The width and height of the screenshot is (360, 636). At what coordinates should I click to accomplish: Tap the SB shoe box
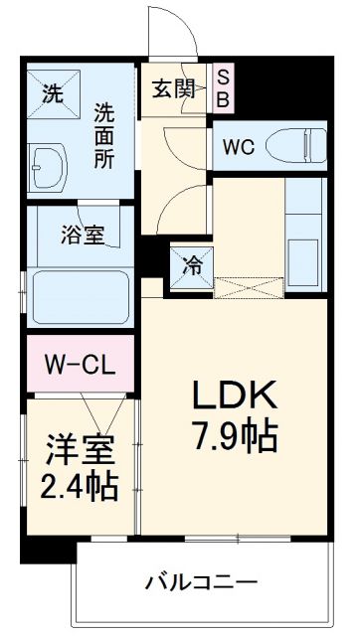pos(223,86)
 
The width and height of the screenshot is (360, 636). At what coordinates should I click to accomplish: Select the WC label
pos(239,147)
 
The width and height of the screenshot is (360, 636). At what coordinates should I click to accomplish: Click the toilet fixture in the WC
pos(299,146)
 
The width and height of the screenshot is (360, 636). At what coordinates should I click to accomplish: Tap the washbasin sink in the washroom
pos(49,168)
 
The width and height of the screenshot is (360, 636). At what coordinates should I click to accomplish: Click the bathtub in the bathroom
pos(80,295)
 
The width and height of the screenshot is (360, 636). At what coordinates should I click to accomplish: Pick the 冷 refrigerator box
pos(190,266)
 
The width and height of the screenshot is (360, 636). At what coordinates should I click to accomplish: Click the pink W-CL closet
pos(79,365)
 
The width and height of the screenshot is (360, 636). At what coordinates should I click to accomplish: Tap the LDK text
pos(236,397)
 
